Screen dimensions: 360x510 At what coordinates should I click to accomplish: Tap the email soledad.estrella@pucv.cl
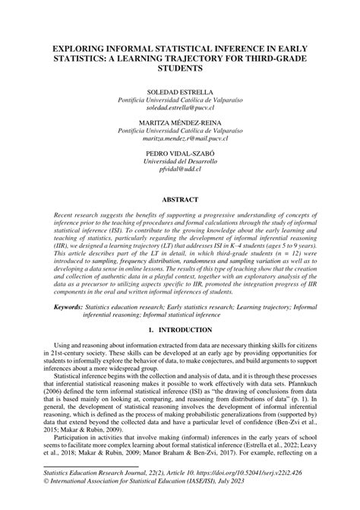pos(180,108)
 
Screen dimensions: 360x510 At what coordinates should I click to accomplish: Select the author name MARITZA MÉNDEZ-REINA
pos(180,122)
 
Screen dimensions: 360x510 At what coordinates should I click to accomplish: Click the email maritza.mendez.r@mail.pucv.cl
pos(180,139)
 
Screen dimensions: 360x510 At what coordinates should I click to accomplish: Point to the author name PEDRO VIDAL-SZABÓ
pos(180,154)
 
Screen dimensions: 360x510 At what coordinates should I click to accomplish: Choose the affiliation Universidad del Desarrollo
pos(180,162)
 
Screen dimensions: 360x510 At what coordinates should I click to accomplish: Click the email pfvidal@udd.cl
pos(180,170)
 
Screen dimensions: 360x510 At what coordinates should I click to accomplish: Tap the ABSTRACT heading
pos(180,200)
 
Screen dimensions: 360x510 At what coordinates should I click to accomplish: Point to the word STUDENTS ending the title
pos(180,68)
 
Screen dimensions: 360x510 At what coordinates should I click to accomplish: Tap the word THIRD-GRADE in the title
pos(271,59)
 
